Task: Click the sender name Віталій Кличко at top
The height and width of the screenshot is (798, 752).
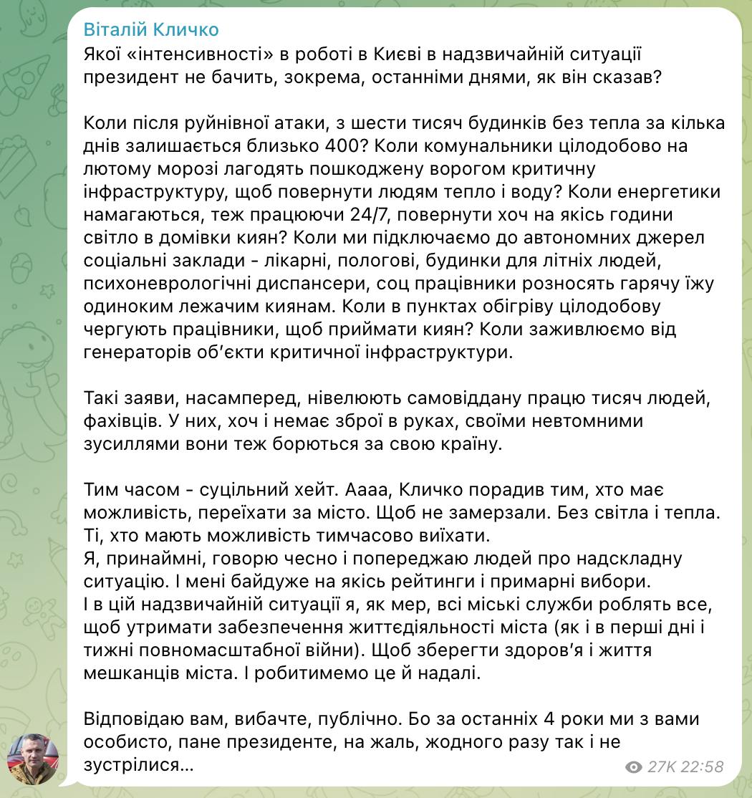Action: tap(151, 29)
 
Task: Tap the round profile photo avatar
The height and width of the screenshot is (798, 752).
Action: tap(33, 759)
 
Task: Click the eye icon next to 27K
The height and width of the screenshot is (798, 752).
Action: tap(633, 767)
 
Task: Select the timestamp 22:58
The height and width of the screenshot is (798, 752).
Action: tap(703, 767)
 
